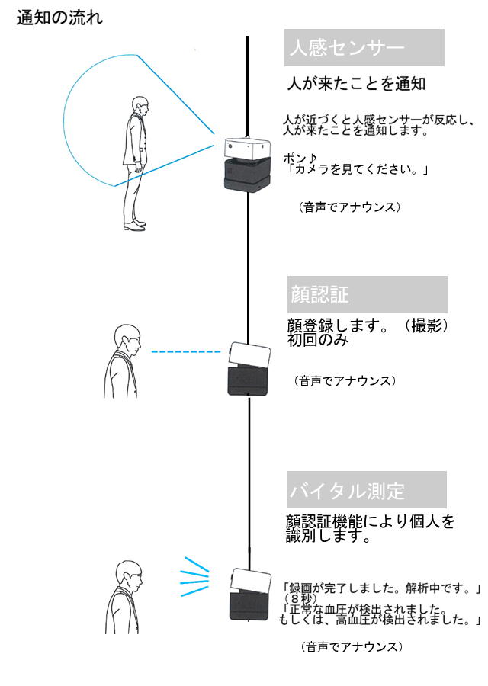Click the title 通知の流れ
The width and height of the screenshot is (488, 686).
pos(59,17)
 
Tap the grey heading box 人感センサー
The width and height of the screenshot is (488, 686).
pos(363,47)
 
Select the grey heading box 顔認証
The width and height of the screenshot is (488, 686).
pos(366,293)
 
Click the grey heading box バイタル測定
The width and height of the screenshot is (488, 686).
pos(367,490)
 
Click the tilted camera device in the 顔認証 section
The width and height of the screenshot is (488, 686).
pos(249,369)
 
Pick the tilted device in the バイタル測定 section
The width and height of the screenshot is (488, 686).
pos(251,594)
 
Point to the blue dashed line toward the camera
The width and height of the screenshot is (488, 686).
pos(185,351)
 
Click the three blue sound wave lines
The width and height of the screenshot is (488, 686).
pos(194,577)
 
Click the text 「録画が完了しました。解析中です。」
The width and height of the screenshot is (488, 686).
pos(381,588)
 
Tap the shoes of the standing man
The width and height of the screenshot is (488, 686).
pos(135,225)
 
